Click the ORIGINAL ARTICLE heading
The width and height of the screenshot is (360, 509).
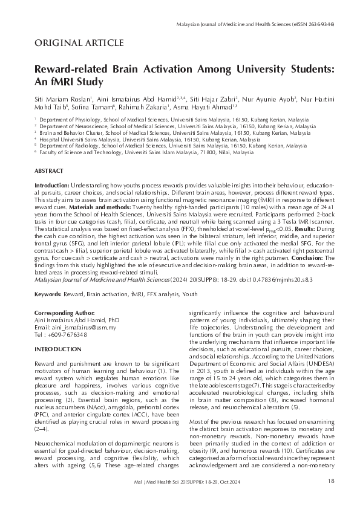[x=79, y=42]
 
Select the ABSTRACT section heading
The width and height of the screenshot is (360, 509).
[x=48, y=172]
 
